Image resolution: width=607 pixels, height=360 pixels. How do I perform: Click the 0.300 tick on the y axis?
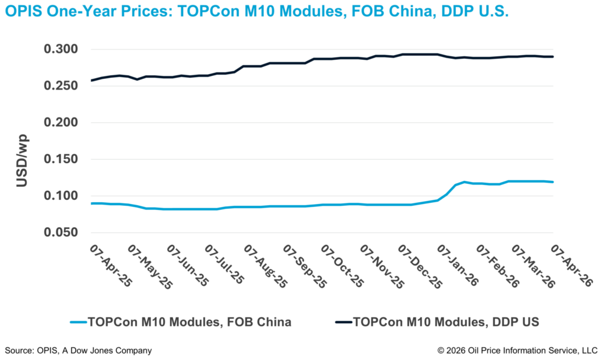pyautogui.click(x=62, y=49)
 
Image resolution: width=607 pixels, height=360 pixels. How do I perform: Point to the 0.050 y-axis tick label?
pyautogui.click(x=62, y=232)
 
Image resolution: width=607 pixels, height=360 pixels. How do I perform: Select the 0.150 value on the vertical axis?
pyautogui.click(x=62, y=160)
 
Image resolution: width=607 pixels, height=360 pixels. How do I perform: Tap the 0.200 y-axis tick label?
pyautogui.click(x=62, y=123)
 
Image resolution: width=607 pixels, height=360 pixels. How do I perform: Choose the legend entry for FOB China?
pyautogui.click(x=189, y=323)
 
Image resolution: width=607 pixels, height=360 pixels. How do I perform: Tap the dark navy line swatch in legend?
pyautogui.click(x=343, y=323)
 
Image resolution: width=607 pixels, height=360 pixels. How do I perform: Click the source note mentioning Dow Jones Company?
pyautogui.click(x=78, y=351)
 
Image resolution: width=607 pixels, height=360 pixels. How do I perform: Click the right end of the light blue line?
pyautogui.click(x=553, y=181)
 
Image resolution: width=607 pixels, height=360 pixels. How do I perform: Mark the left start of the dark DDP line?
pyautogui.click(x=91, y=80)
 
